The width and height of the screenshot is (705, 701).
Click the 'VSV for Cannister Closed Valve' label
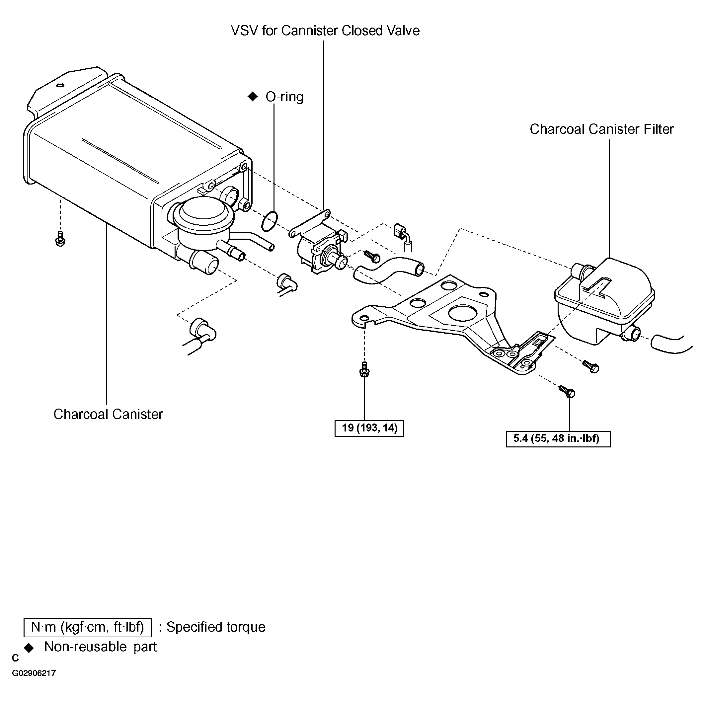click(x=325, y=31)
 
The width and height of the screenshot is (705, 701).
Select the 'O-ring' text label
click(x=284, y=97)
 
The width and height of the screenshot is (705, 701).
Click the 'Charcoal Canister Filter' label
click(x=601, y=129)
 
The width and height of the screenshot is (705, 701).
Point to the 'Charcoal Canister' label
click(x=108, y=414)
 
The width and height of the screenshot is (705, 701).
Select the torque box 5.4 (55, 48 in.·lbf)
click(x=558, y=439)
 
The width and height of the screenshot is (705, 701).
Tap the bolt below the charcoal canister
click(x=60, y=239)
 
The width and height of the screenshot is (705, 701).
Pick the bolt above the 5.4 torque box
click(x=567, y=391)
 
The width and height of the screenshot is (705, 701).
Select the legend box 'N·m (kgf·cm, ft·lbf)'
click(x=88, y=627)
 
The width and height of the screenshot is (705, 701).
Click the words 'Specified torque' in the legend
click(x=216, y=627)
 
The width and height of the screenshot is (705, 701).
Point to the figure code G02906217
click(x=34, y=683)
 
